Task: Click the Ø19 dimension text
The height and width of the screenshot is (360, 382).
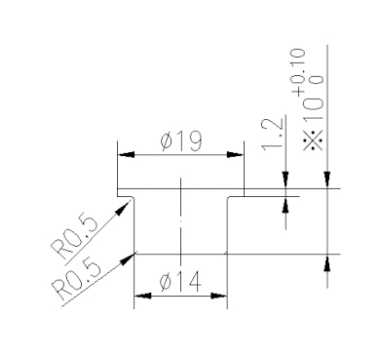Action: click(181, 141)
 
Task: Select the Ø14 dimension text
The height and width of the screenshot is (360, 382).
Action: click(180, 282)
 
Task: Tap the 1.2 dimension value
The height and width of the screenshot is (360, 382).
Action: click(273, 134)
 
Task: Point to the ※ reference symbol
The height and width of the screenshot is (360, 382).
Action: click(313, 140)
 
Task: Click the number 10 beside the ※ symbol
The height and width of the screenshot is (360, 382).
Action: click(313, 109)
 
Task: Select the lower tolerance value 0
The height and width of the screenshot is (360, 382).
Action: click(318, 80)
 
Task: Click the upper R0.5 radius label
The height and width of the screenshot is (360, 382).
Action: click(74, 237)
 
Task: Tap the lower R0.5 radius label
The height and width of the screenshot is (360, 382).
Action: click(77, 280)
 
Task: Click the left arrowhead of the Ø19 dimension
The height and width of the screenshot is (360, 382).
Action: click(126, 155)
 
